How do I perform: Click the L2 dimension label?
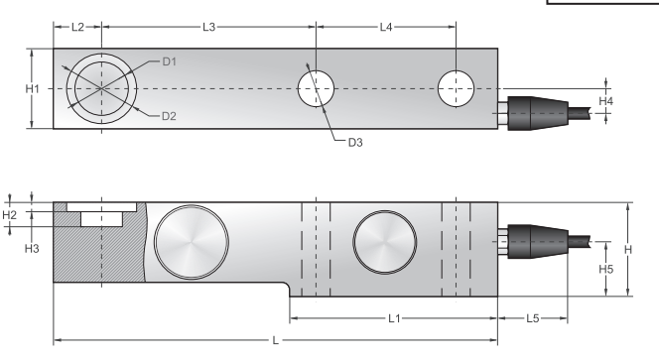(77, 28)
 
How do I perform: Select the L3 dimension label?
(208, 28)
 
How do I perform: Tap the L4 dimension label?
(386, 28)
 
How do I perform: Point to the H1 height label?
(33, 88)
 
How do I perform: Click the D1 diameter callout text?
(170, 61)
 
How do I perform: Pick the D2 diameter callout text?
(169, 116)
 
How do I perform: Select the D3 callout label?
(355, 143)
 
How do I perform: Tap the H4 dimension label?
(606, 101)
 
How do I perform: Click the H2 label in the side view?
(9, 215)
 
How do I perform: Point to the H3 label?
(32, 249)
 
